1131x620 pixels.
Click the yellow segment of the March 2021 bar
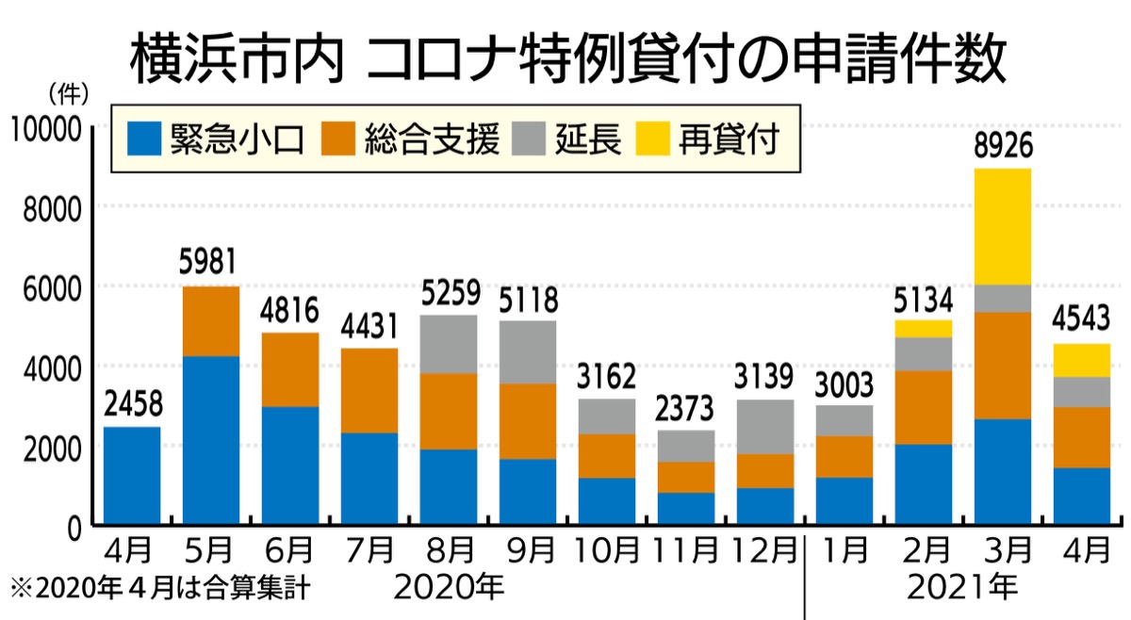tap(1003, 226)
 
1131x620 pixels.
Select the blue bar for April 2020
tap(131, 476)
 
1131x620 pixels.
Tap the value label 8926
tap(1003, 146)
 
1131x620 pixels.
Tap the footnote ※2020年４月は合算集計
tap(159, 589)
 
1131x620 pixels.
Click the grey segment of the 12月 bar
tap(765, 427)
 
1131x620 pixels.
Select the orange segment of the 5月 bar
tap(210, 321)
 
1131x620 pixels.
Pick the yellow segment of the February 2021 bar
tap(924, 328)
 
